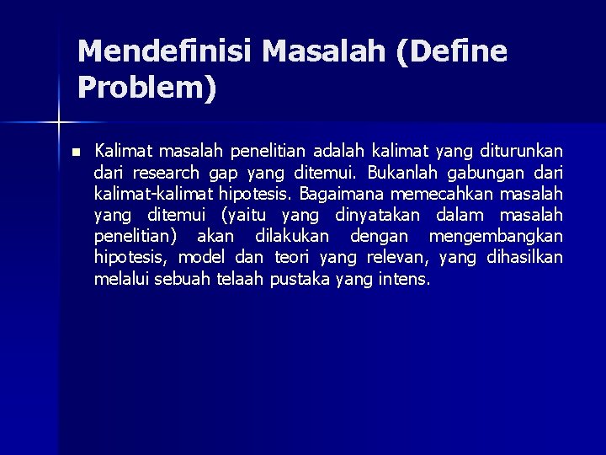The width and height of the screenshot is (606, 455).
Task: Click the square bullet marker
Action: coord(75,153)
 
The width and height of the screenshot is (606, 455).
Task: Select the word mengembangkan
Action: coord(496,237)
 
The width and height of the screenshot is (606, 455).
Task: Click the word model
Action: coord(201,258)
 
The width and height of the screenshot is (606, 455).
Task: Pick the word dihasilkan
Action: coord(524,258)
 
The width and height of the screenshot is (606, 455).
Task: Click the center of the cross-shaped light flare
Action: coord(58,123)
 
